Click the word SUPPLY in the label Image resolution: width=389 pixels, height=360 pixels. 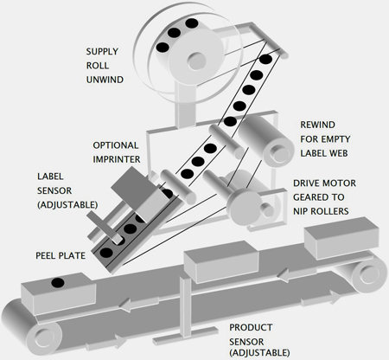click(x=102, y=52)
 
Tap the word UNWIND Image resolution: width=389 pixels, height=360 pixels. click(x=105, y=80)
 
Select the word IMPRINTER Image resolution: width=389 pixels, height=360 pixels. click(x=117, y=159)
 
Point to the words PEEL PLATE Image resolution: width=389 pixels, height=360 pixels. click(x=61, y=255)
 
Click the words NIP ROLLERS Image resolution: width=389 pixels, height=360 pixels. click(x=321, y=211)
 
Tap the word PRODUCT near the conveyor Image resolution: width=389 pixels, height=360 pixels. click(x=251, y=328)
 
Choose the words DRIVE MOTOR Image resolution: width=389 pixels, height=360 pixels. click(x=324, y=183)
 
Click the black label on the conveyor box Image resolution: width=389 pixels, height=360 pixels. click(x=58, y=283)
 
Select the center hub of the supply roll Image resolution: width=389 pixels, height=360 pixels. click(x=197, y=61)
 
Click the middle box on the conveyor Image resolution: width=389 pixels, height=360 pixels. click(x=221, y=261)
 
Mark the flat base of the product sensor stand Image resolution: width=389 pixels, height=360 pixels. click(x=184, y=335)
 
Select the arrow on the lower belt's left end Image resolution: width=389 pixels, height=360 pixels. click(x=106, y=342)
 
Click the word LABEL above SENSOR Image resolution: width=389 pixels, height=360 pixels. click(x=50, y=177)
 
